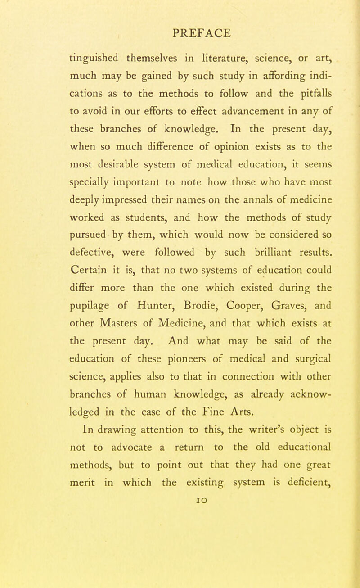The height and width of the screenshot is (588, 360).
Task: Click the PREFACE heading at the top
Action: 193,33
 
